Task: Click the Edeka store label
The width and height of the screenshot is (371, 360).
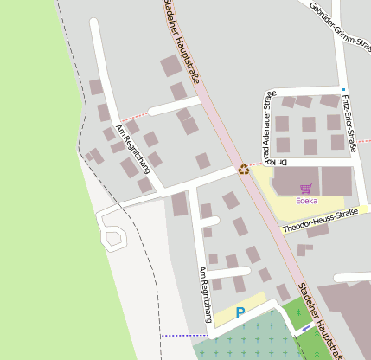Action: pyautogui.click(x=306, y=201)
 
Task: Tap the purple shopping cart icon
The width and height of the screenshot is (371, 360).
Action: pyautogui.click(x=305, y=188)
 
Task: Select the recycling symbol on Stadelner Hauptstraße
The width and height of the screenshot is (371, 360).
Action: pyautogui.click(x=244, y=170)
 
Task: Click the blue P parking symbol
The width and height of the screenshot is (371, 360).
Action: pyautogui.click(x=240, y=312)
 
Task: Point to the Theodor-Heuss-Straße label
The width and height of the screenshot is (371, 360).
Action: pyautogui.click(x=319, y=221)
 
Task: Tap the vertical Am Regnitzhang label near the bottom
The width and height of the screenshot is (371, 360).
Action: pyautogui.click(x=204, y=292)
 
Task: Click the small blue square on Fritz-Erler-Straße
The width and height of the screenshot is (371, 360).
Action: pyautogui.click(x=343, y=89)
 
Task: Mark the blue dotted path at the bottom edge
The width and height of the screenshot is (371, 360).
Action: pyautogui.click(x=182, y=336)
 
